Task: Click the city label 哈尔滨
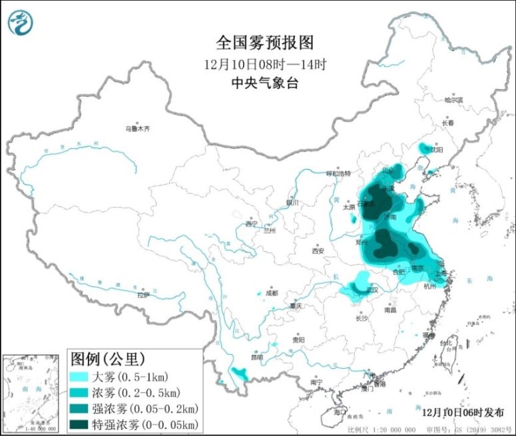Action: tap(453, 100)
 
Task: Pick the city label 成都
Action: tap(271, 292)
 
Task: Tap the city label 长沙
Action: tap(362, 318)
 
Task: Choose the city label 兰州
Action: tap(269, 231)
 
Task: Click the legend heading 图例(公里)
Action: tap(107, 360)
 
